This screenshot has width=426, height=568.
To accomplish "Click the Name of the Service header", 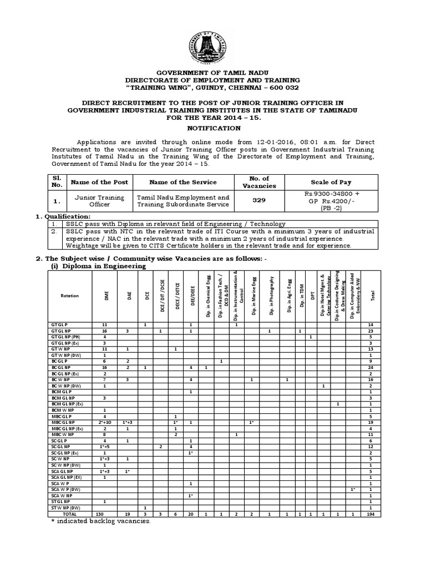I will pyautogui.click(x=183, y=182).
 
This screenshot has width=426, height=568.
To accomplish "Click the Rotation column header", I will pyautogui.click(x=70, y=296).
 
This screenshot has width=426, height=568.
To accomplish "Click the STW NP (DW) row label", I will pyautogui.click(x=65, y=508).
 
